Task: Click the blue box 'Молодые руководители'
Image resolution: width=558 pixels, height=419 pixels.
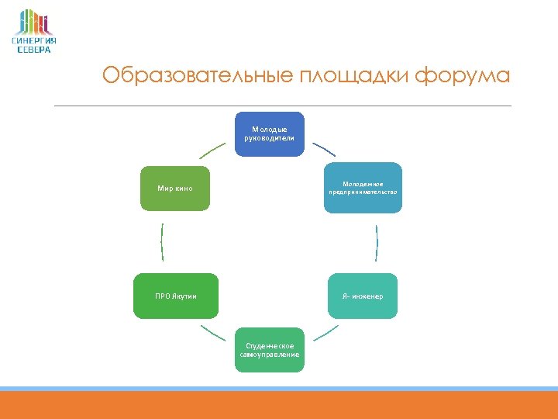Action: (x=270, y=133)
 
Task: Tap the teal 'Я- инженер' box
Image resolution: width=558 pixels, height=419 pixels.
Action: (x=363, y=296)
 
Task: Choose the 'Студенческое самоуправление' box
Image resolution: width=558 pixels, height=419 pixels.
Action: (x=270, y=349)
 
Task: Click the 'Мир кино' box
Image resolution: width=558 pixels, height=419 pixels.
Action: (x=174, y=188)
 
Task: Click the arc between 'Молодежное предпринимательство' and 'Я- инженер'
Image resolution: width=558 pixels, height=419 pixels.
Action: (x=377, y=242)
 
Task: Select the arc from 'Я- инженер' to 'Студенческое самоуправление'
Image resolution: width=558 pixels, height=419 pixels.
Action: (x=325, y=334)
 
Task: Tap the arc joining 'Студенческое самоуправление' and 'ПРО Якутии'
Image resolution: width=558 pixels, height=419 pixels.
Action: (x=213, y=335)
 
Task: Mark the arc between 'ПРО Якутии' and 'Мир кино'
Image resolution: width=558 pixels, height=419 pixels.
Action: (x=162, y=242)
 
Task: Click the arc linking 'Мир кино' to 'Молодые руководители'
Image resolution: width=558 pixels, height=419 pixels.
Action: (x=212, y=149)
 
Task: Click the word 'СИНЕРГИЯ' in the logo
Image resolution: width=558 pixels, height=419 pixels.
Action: (x=34, y=41)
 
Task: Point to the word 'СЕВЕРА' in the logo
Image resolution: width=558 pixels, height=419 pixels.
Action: (x=34, y=50)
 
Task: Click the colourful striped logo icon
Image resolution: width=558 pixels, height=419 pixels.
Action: (x=34, y=22)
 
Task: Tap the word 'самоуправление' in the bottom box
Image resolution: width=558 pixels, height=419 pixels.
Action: (x=270, y=354)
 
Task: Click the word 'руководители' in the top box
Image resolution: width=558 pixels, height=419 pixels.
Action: (x=270, y=138)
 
